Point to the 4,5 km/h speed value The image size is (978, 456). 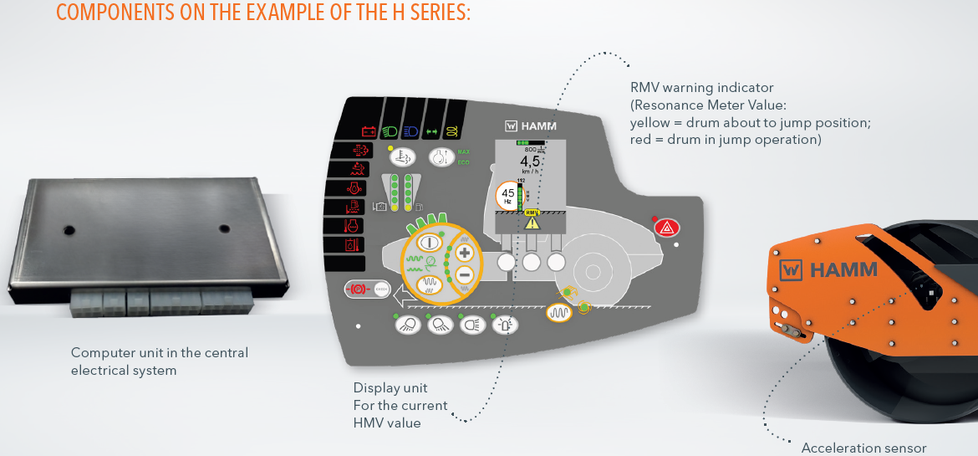(530, 161)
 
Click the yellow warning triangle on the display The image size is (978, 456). (532, 223)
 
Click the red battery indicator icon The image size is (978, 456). (369, 131)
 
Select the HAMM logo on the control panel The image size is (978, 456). (532, 126)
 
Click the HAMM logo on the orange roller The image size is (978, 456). (828, 269)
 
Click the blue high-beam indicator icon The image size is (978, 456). (410, 131)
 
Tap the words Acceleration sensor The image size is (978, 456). (864, 448)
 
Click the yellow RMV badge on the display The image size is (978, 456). (532, 213)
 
